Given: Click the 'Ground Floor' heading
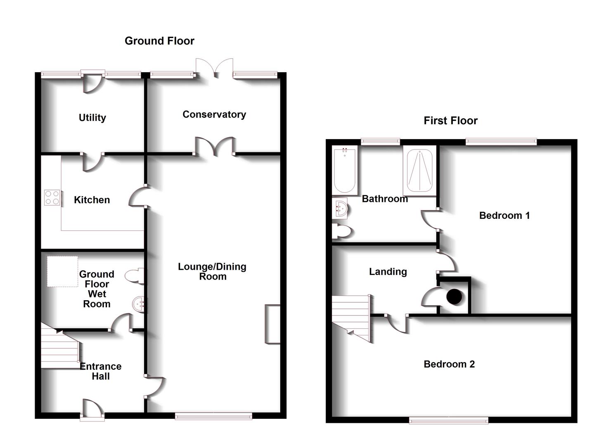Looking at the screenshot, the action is coord(159,41).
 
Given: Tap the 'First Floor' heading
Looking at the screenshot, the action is coord(450,121).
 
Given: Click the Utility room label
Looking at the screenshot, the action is coord(92,118).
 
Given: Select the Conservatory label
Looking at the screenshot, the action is coord(214,114).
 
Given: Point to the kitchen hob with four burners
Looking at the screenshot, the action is coord(52,197).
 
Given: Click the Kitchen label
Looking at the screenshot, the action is coord(92,200).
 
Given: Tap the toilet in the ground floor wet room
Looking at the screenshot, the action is coord(135,276).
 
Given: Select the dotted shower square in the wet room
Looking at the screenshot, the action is coord(62,271).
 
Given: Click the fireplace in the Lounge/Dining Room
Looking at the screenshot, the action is coord(272,324).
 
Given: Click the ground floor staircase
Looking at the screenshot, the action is coord(60,346).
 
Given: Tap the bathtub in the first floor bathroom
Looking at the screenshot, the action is coord(345,170).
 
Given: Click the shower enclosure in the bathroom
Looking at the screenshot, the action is coord(419,170).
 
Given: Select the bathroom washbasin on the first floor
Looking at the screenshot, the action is coord(340,208).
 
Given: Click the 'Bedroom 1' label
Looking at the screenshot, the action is coord(504,216).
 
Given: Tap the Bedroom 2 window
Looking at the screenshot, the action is coord(449,420).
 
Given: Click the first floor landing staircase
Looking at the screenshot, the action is coord(352,318).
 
